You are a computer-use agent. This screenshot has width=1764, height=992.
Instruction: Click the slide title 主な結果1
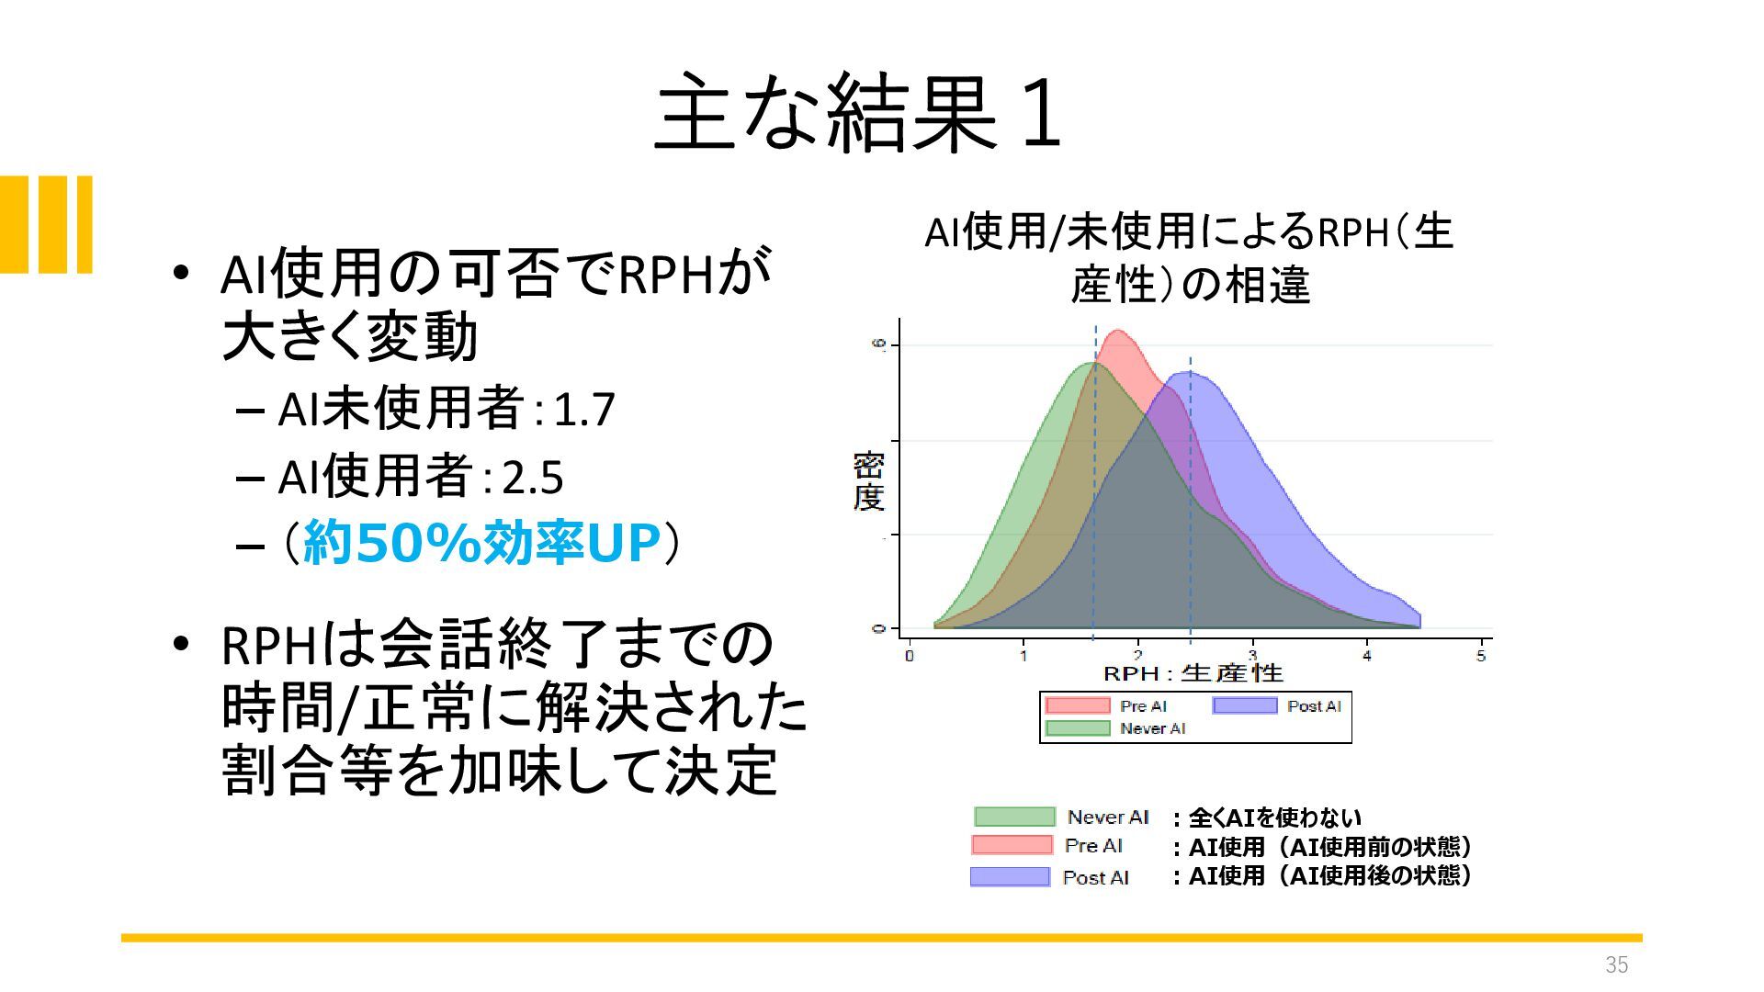tap(859, 113)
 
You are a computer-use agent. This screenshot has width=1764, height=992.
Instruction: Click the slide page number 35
tap(1617, 964)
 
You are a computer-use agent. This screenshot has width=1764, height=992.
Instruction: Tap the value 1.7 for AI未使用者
tap(584, 410)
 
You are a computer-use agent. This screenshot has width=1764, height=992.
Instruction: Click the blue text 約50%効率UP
tap(481, 543)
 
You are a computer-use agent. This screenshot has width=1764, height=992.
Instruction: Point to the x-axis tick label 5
tap(1481, 656)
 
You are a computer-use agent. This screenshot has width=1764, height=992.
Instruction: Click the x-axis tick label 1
tap(1023, 656)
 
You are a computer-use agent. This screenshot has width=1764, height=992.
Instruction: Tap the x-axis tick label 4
tap(1367, 656)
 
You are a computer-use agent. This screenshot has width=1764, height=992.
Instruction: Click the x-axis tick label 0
tap(910, 656)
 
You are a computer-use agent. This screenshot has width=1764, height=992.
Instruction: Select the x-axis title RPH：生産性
tap(1193, 674)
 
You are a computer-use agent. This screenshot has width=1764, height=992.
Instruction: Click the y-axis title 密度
tap(868, 480)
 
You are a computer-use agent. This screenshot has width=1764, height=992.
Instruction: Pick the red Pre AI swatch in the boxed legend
tap(1078, 705)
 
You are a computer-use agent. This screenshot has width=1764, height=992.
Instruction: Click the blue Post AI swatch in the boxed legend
tap(1245, 705)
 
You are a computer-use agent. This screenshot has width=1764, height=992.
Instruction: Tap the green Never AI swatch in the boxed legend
tap(1078, 728)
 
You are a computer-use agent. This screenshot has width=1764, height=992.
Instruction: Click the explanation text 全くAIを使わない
tap(1275, 817)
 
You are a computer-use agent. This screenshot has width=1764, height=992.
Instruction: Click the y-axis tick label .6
tap(879, 345)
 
